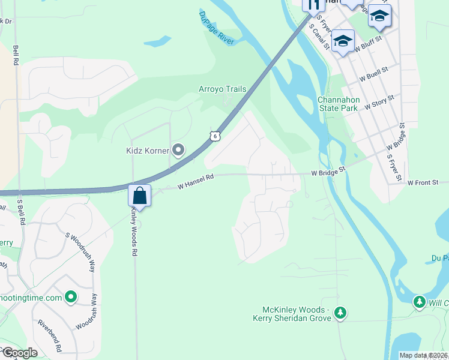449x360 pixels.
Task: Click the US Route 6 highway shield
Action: click(216, 136)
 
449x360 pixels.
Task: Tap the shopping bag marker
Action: click(139, 196)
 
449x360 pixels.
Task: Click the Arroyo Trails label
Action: click(223, 89)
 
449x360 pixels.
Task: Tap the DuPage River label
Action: click(217, 29)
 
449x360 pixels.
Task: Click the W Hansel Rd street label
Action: click(196, 182)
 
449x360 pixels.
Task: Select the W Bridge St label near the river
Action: click(329, 172)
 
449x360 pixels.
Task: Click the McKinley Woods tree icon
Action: click(340, 312)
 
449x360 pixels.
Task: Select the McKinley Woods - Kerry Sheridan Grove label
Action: click(292, 314)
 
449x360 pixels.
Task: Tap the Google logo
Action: click(19, 353)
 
